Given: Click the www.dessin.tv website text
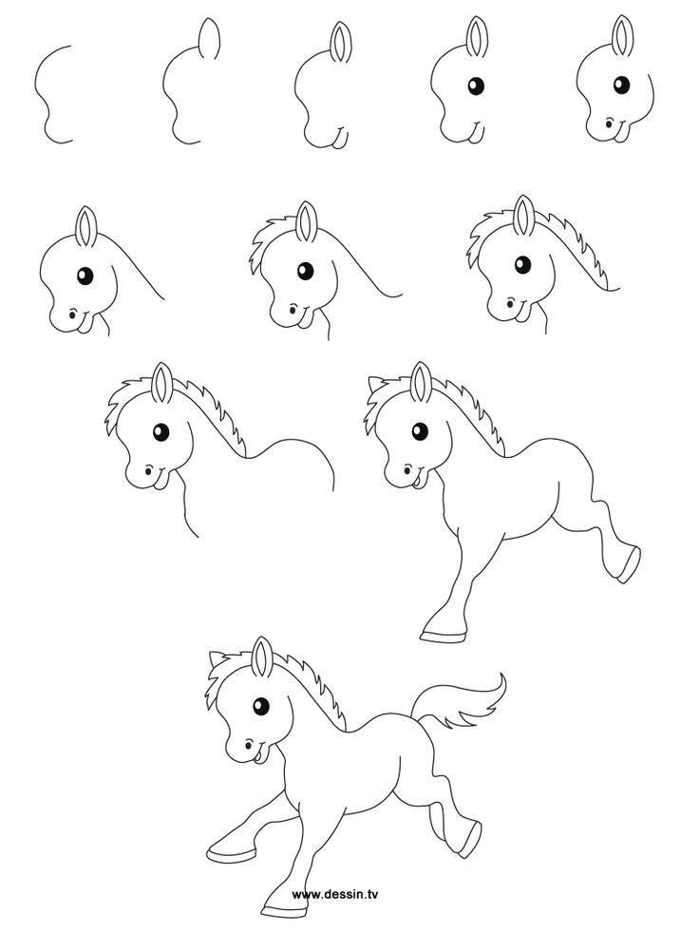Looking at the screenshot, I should point(335,893).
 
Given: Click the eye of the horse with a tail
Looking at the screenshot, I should point(258,705).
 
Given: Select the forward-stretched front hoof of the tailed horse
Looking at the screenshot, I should point(224,846).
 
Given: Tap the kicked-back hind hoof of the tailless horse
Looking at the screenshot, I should point(624,566).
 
